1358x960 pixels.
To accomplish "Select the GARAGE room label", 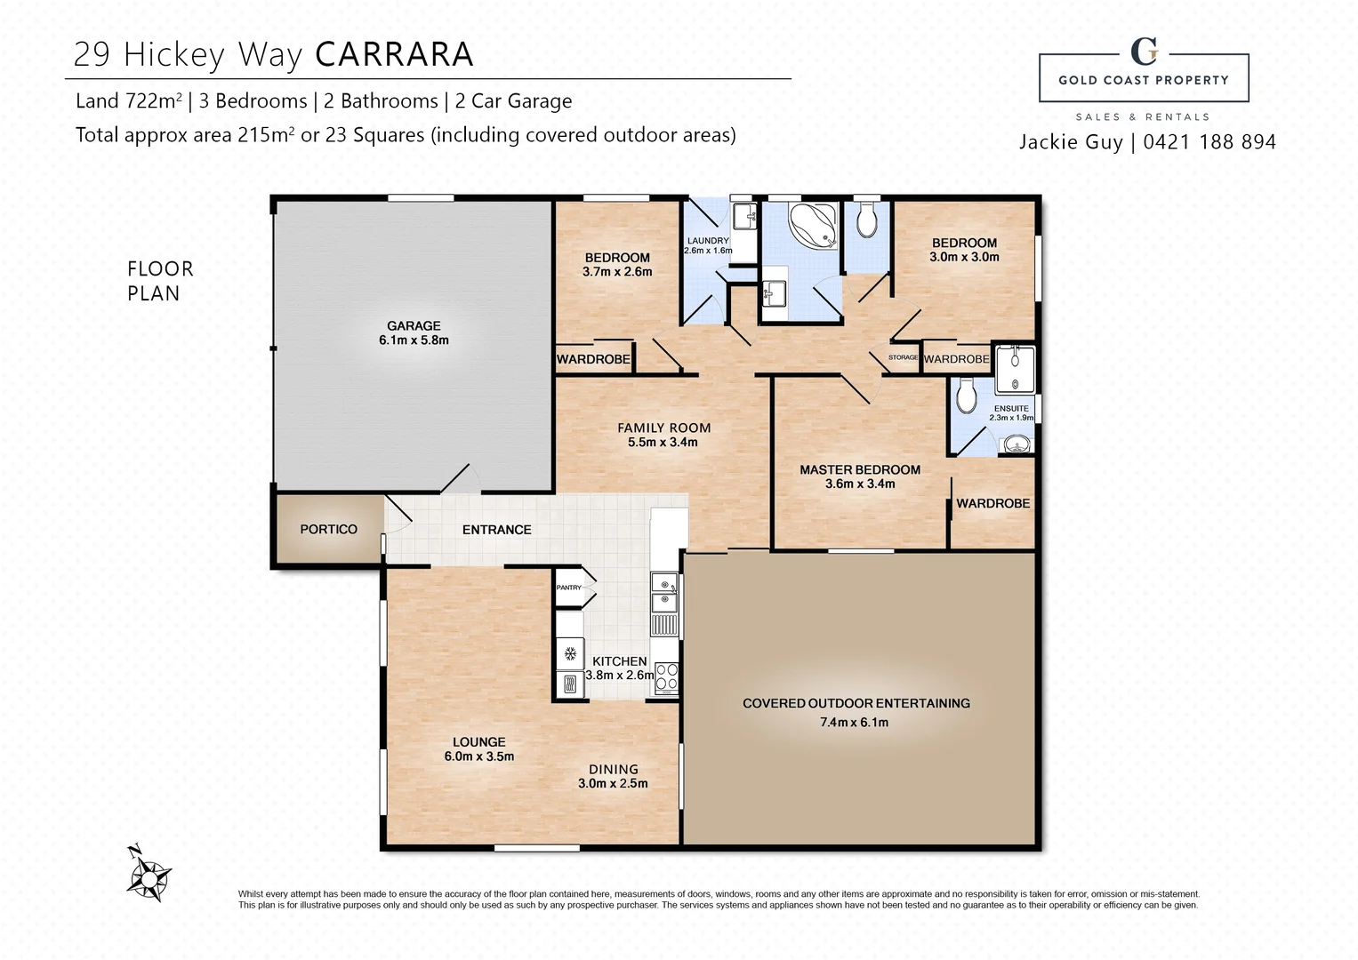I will point(414,326).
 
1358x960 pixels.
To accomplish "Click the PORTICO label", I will point(328,530).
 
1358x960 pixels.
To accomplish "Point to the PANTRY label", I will point(568,588).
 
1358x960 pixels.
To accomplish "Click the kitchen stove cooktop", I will point(666,677).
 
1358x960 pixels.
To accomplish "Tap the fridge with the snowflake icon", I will point(569,654).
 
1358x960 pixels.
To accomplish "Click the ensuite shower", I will point(1014,369).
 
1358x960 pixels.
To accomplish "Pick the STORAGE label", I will point(903,357).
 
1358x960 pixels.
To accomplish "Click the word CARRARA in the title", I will point(394,55).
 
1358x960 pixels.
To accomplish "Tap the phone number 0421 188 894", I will point(1209,142).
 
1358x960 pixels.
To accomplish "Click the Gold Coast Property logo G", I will point(1144,52).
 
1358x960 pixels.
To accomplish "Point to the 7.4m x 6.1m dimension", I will point(854,723).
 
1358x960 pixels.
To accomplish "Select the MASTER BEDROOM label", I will point(859,470).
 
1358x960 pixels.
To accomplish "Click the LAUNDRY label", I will point(708,241).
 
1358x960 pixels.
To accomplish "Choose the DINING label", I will point(613,770).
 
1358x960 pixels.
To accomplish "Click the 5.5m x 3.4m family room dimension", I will point(663,443).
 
